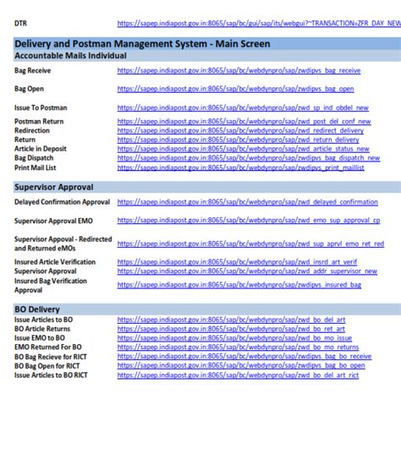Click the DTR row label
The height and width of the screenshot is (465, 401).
click(x=20, y=23)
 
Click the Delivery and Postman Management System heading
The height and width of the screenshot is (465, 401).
click(x=142, y=43)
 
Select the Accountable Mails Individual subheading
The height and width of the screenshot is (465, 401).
click(x=70, y=55)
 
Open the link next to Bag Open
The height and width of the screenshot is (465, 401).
click(x=235, y=89)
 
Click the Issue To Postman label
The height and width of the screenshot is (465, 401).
click(x=41, y=107)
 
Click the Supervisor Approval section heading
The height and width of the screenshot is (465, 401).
click(x=54, y=187)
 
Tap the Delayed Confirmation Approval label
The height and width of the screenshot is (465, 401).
click(x=62, y=202)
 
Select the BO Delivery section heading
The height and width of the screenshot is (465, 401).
click(x=37, y=309)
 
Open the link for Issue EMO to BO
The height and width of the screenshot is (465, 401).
click(x=234, y=337)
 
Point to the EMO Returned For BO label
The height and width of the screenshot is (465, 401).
click(x=48, y=347)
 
